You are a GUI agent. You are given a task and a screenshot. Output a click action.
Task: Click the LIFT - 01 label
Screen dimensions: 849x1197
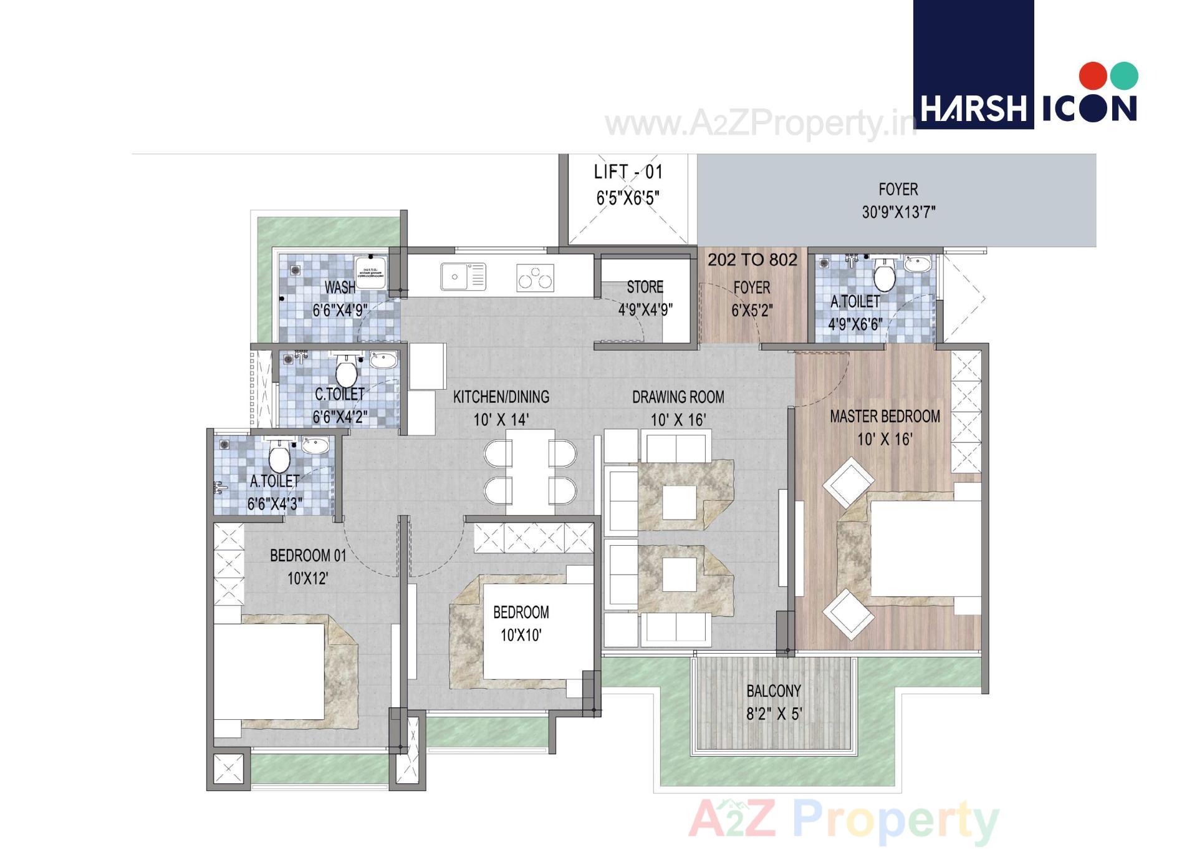(x=628, y=172)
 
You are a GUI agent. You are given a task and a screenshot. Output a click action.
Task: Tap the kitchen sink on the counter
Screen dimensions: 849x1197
(x=463, y=276)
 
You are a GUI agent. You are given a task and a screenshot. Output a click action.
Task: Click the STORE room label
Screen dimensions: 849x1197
(x=645, y=288)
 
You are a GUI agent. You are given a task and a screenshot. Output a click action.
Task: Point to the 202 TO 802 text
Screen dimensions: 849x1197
(x=752, y=260)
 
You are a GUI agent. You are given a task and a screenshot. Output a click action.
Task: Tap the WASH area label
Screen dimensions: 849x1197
(x=340, y=288)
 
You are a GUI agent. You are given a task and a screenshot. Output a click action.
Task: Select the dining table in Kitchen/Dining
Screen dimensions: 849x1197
(x=530, y=471)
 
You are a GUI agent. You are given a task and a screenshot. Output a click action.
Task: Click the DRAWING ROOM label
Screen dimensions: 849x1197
(x=678, y=397)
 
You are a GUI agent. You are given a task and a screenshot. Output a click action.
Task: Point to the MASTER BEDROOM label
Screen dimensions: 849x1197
(x=885, y=417)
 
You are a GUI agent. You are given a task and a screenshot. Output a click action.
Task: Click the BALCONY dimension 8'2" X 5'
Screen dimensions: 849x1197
(x=774, y=714)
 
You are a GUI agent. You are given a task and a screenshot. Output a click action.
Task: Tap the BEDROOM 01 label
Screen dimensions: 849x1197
(x=307, y=556)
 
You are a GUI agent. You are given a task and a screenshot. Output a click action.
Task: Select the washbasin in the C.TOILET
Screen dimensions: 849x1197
(x=383, y=360)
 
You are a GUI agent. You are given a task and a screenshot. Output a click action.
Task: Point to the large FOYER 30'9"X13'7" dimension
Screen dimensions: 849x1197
(x=898, y=212)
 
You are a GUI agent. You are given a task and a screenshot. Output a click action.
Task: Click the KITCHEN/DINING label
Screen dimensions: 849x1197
(x=501, y=397)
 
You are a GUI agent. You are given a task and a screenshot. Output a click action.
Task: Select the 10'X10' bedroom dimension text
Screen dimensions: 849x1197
(x=521, y=636)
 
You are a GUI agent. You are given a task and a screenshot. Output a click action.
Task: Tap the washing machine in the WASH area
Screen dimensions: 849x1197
(x=370, y=271)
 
